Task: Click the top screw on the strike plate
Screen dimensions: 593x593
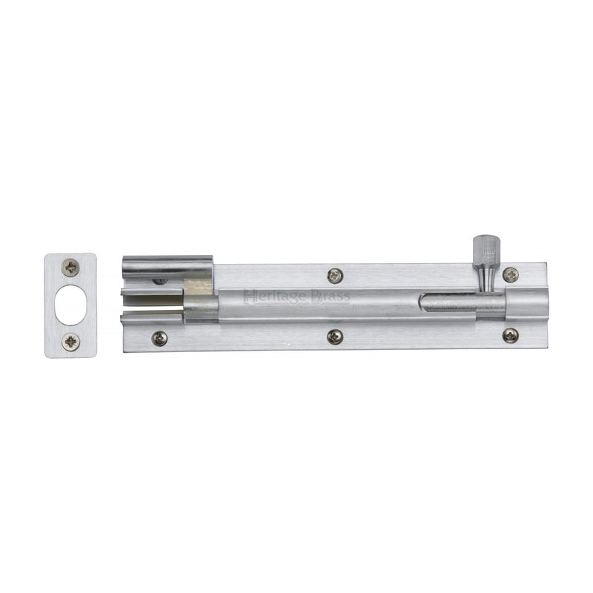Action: pyautogui.click(x=70, y=268)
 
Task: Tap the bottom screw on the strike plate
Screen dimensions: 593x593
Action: pyautogui.click(x=70, y=342)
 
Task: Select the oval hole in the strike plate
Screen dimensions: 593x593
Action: pyautogui.click(x=70, y=305)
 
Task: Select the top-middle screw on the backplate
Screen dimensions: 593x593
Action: pyautogui.click(x=334, y=276)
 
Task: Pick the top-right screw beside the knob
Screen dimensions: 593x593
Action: pyautogui.click(x=511, y=274)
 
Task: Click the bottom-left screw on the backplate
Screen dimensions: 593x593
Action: pyautogui.click(x=158, y=338)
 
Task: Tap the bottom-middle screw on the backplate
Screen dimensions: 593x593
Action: pyautogui.click(x=334, y=337)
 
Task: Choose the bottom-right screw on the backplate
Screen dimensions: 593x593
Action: pyautogui.click(x=511, y=336)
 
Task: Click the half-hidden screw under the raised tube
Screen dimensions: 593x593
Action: pyautogui.click(x=159, y=282)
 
